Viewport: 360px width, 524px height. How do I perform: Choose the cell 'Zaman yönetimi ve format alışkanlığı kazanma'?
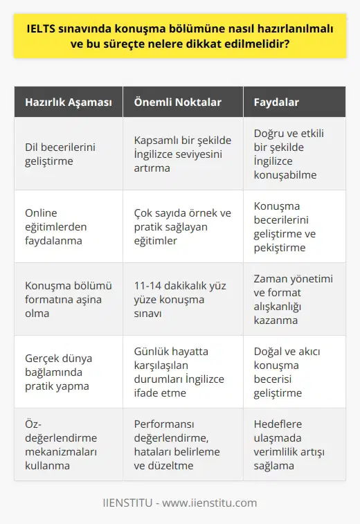(294, 299)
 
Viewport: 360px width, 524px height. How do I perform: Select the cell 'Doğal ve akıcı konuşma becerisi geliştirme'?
(294, 372)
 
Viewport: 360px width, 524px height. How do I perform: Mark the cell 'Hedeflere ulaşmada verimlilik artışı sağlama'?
(294, 444)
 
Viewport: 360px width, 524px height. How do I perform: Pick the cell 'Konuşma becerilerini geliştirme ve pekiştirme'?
(294, 226)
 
